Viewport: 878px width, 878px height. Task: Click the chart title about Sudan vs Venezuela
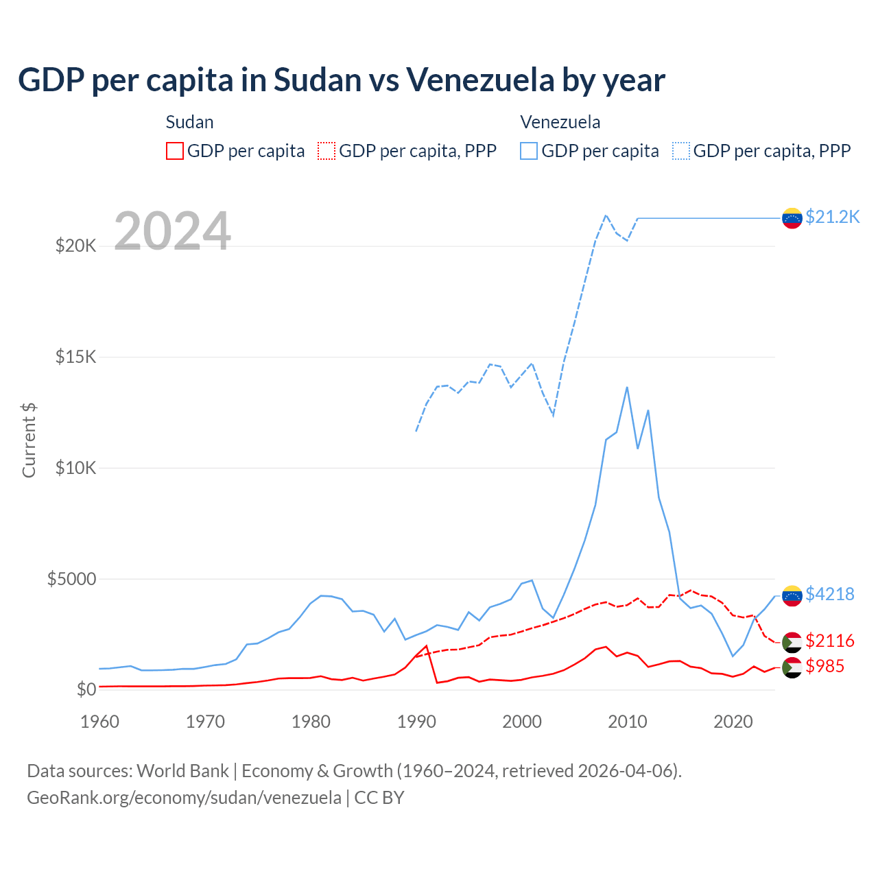click(342, 80)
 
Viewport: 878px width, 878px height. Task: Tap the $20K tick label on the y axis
click(75, 246)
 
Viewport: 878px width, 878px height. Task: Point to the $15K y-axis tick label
click(75, 357)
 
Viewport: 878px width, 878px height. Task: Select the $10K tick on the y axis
click(75, 468)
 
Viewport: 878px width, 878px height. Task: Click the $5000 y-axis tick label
click(71, 579)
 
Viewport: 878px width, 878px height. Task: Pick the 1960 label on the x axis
click(100, 722)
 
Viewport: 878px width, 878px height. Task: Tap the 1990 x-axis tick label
click(417, 722)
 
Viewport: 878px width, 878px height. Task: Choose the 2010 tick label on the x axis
click(628, 722)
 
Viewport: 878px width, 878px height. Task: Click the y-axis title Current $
click(29, 440)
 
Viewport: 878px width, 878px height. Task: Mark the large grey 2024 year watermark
click(172, 231)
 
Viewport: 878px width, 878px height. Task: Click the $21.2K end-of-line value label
click(832, 217)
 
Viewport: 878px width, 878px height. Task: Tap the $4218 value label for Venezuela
click(829, 594)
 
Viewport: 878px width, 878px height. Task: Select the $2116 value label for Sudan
click(829, 641)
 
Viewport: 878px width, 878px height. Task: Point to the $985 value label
click(824, 666)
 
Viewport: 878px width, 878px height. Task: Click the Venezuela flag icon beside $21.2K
click(792, 218)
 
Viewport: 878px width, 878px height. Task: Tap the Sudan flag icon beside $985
click(792, 667)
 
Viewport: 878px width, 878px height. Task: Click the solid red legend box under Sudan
click(175, 151)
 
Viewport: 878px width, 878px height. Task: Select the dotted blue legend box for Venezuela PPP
click(681, 151)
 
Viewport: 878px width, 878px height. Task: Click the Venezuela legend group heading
click(560, 122)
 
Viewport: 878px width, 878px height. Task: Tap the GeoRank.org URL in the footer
click(184, 798)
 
